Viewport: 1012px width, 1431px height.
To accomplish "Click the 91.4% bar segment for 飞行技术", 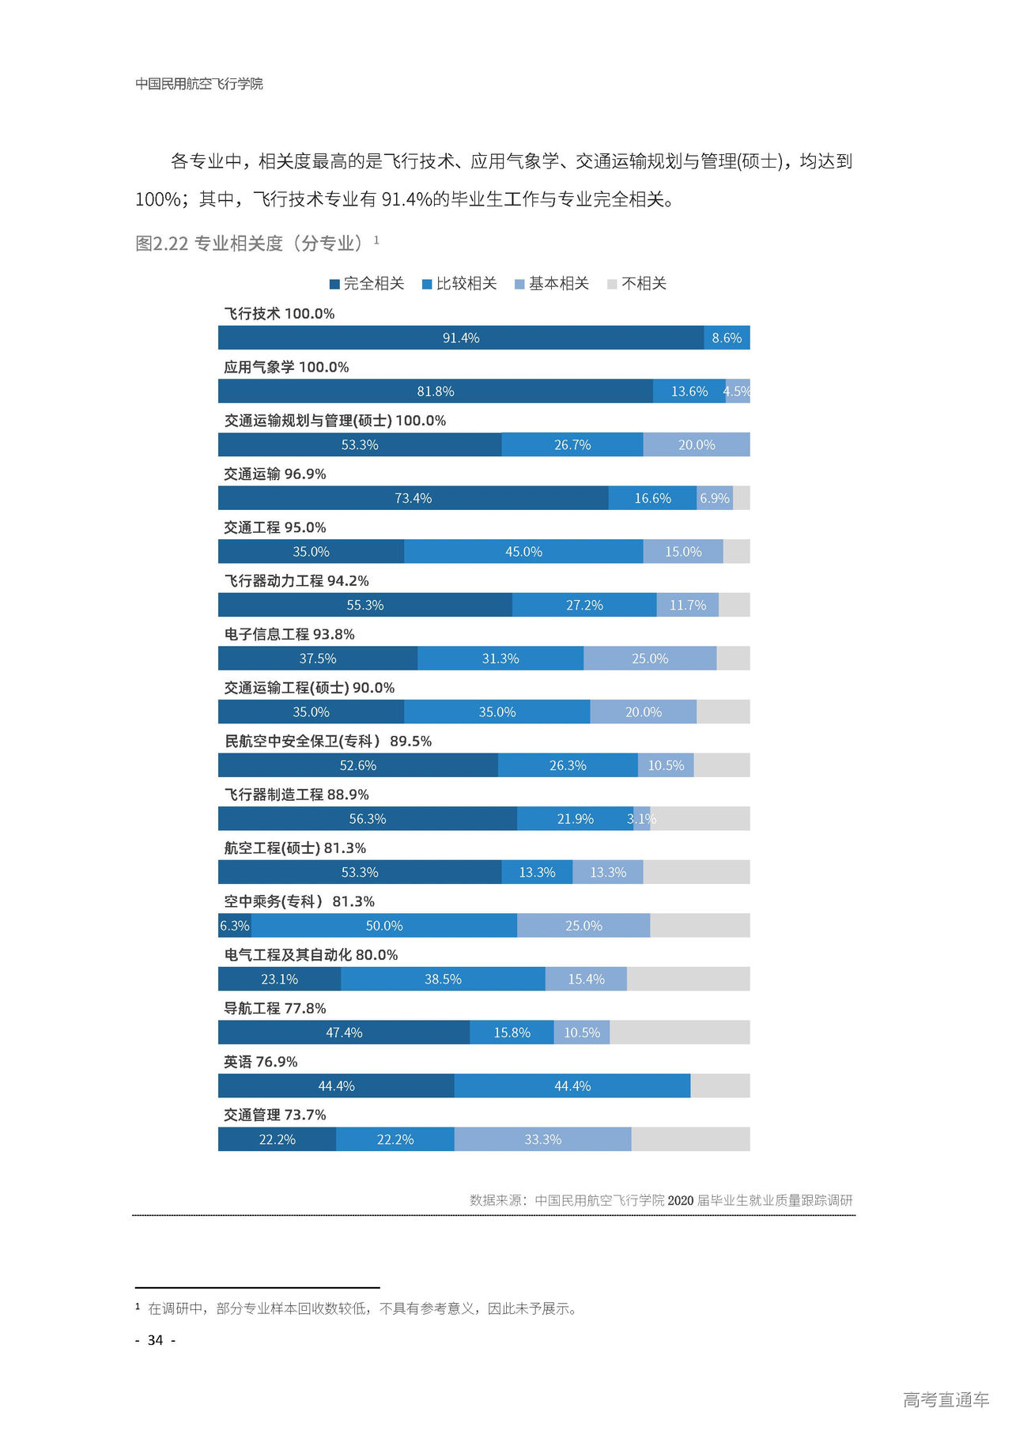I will pyautogui.click(x=461, y=338).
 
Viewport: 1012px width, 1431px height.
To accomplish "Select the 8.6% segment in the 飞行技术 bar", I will pyautogui.click(x=727, y=338).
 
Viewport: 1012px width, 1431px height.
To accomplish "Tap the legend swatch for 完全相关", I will pyautogui.click(x=334, y=284).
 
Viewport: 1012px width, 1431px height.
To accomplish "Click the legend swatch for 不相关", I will pyautogui.click(x=612, y=284).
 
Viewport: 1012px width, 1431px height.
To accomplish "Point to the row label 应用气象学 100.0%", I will pyautogui.click(x=286, y=367).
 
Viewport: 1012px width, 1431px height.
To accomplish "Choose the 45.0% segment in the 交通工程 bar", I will pyautogui.click(x=523, y=552).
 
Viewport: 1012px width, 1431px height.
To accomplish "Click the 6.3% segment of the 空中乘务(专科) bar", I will pyautogui.click(x=235, y=926).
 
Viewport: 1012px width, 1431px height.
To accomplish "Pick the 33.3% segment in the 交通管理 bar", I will pyautogui.click(x=542, y=1139).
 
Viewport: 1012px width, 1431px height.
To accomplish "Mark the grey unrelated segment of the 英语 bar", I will pyautogui.click(x=719, y=1086).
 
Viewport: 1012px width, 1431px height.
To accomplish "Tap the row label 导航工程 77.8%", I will pyautogui.click(x=275, y=1008).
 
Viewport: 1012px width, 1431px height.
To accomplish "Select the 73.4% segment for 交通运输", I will pyautogui.click(x=413, y=498).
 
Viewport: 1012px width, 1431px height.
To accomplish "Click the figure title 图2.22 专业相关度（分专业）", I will pyautogui.click(x=249, y=244).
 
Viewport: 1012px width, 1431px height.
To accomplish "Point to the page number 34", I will pyautogui.click(x=156, y=1340).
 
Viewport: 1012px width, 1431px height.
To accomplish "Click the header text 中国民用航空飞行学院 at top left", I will pyautogui.click(x=199, y=84).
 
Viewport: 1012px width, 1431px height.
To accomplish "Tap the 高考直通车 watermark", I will pyautogui.click(x=946, y=1399).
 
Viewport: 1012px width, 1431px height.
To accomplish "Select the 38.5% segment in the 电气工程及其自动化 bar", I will pyautogui.click(x=443, y=979).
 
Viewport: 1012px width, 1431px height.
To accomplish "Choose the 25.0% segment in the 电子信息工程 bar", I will pyautogui.click(x=650, y=659).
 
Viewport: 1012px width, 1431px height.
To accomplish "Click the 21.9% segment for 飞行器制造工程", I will pyautogui.click(x=575, y=819).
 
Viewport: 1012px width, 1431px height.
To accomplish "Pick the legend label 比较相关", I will pyautogui.click(x=466, y=284).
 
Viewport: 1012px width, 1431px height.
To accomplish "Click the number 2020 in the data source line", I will pyautogui.click(x=680, y=1200).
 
